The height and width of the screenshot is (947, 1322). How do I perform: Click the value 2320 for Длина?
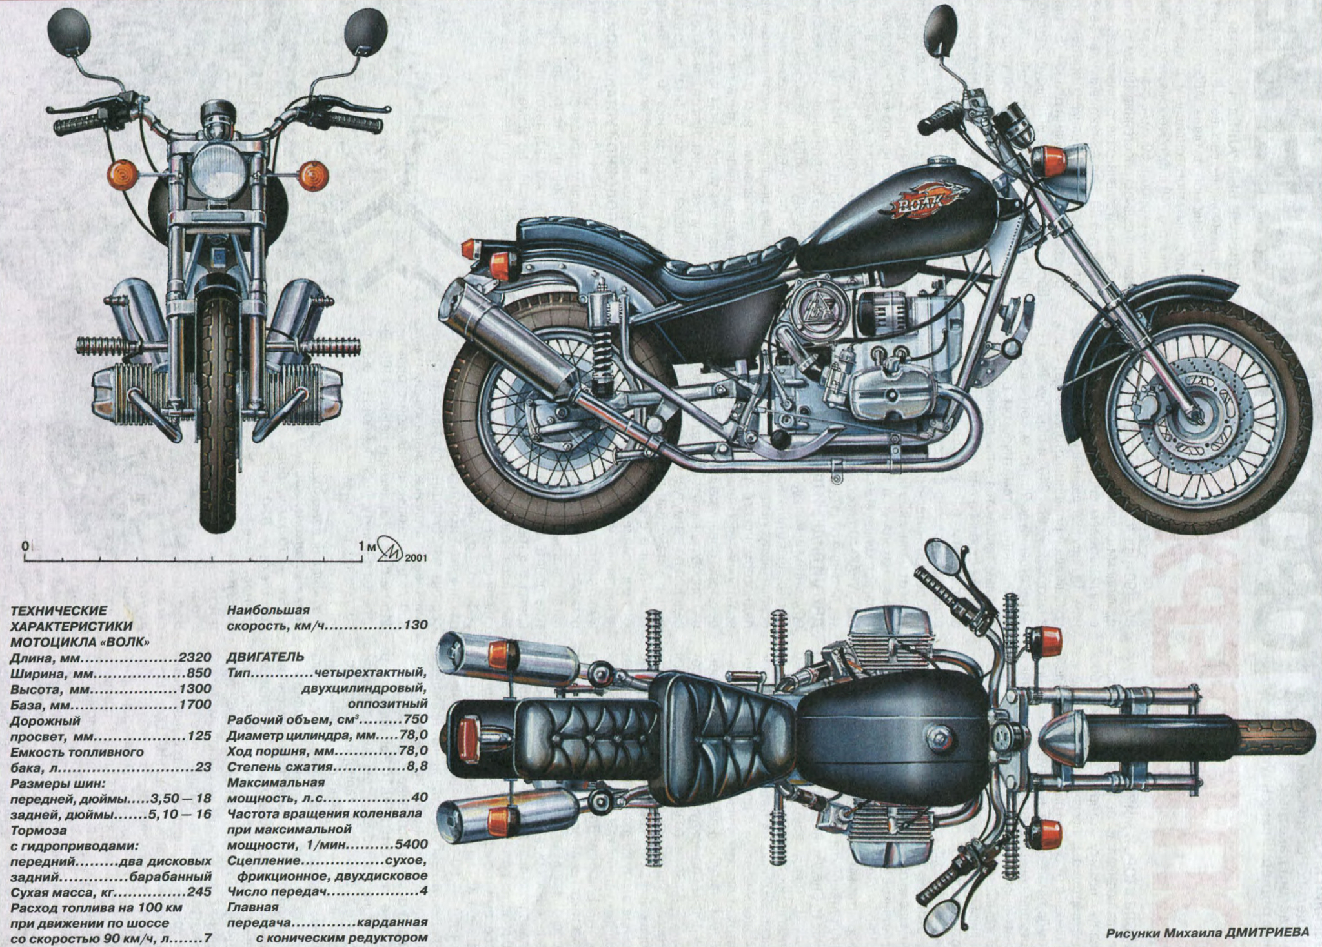(194, 658)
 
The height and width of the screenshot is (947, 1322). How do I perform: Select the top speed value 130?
(416, 626)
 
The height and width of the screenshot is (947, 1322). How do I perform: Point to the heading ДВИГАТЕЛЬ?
(265, 657)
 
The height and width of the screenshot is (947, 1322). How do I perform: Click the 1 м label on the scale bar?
(367, 546)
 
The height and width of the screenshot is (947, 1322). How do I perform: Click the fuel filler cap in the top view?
(939, 735)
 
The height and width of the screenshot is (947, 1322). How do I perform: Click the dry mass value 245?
(199, 893)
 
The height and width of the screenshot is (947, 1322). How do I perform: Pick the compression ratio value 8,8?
(416, 767)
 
